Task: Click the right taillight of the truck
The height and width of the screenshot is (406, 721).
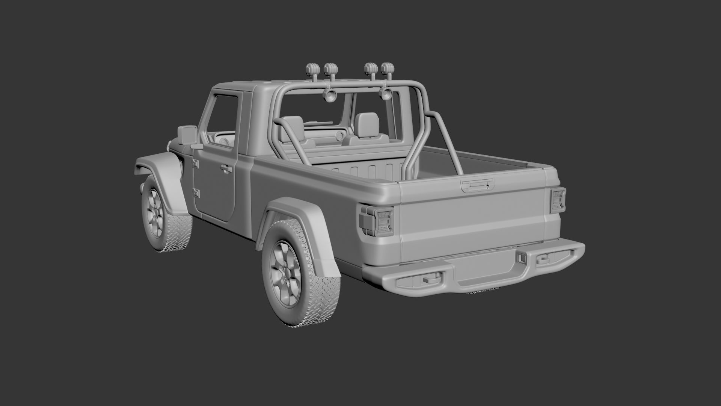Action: pos(558,200)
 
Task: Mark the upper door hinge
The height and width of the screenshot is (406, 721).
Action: pos(195,163)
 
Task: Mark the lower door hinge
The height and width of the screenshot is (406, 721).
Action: pos(196,193)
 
